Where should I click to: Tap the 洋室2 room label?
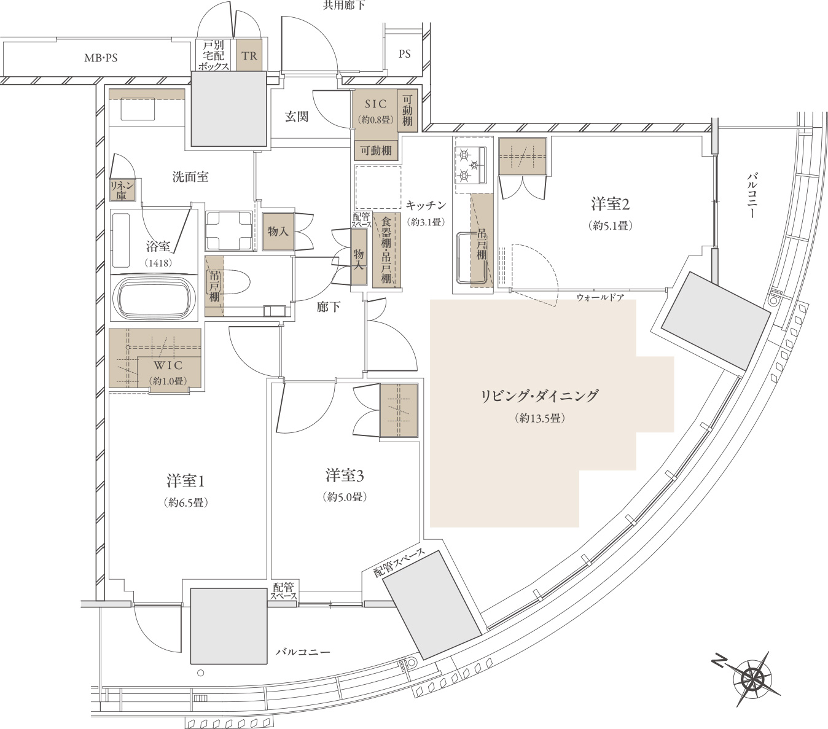(x=610, y=204)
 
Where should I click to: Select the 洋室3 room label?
(x=345, y=475)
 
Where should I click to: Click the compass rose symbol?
(x=751, y=679)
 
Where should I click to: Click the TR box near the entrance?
(x=249, y=55)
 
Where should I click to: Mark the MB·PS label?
(x=101, y=58)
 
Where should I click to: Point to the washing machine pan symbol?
(x=229, y=230)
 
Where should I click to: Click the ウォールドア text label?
(x=600, y=297)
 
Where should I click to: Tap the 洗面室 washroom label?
(x=190, y=177)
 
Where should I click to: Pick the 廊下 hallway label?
(x=328, y=307)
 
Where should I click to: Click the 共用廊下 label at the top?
(x=344, y=6)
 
